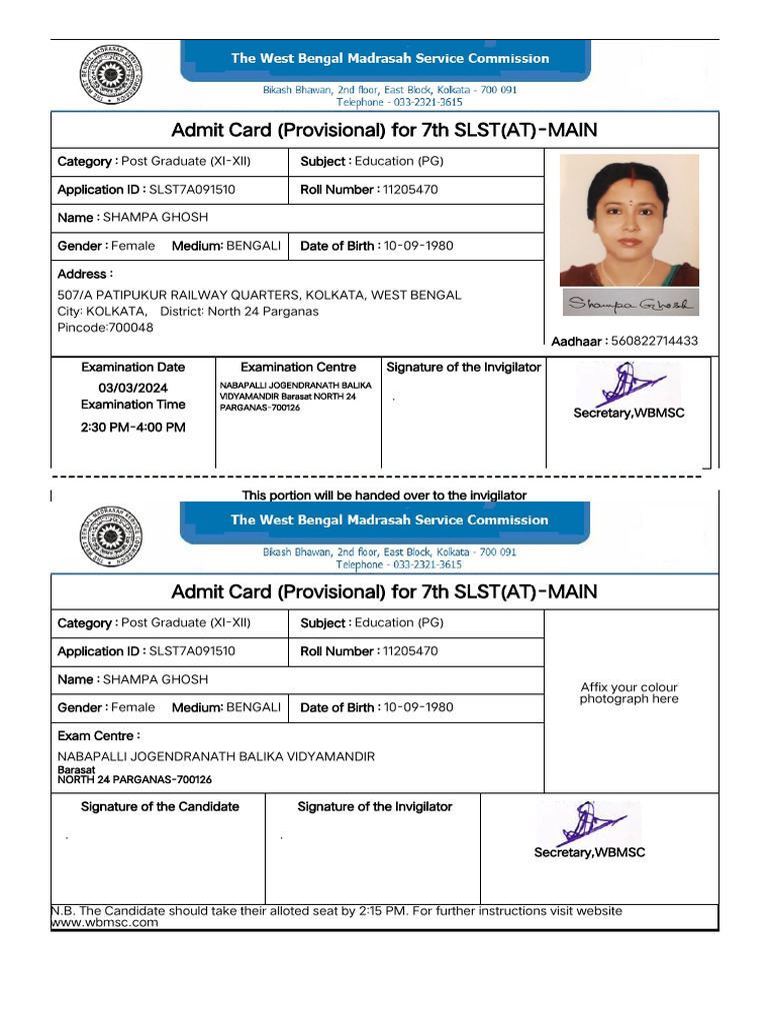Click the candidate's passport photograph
(x=629, y=220)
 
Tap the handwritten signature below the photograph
(x=631, y=304)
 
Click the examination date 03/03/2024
(x=133, y=388)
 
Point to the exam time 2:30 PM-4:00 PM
(x=133, y=427)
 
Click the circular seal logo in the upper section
(x=110, y=76)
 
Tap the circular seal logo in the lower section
(x=110, y=537)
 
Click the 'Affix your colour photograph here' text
(x=629, y=693)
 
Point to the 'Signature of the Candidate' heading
(x=160, y=806)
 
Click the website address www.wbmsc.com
(x=105, y=923)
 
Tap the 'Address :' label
(x=85, y=274)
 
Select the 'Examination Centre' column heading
(x=298, y=367)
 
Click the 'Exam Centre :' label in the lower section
(x=99, y=736)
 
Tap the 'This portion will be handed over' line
(x=384, y=496)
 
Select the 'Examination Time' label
(x=133, y=405)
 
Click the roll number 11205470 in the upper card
(x=410, y=190)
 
